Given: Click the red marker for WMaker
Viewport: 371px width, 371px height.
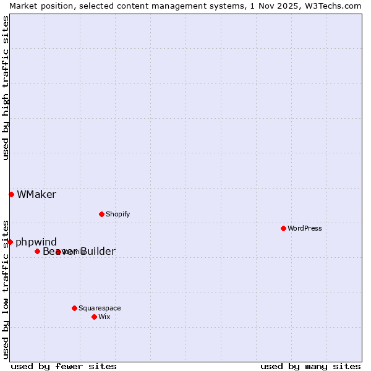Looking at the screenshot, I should coord(11,194).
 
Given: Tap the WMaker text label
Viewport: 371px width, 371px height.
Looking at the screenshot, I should coord(36,195).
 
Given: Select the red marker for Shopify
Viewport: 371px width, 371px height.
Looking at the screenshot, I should coord(101,214).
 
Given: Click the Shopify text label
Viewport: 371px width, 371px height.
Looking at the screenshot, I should coord(117,215).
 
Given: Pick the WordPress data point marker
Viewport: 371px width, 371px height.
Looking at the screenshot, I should coord(283,228).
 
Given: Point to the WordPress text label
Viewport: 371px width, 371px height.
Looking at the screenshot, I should coord(304,229).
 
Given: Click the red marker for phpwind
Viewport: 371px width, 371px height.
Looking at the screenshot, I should coord(10,242).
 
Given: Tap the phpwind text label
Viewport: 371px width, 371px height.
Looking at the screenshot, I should coord(36,242).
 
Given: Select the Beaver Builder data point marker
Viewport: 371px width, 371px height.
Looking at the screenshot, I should coord(37,251).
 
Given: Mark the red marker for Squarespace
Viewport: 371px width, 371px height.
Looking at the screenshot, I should coord(74,308).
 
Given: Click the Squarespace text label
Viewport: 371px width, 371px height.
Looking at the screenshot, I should coord(100,308).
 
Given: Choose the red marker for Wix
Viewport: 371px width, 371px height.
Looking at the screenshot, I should coord(94,317).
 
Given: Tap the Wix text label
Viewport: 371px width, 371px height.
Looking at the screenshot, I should coord(104,317).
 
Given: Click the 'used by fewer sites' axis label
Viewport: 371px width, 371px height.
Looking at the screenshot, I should coord(64,366).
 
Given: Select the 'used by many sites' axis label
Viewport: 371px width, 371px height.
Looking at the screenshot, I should coord(310,366).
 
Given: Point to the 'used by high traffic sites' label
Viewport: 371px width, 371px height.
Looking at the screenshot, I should coord(6,88).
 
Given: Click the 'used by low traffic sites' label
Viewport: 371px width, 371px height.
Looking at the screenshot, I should coord(6,289).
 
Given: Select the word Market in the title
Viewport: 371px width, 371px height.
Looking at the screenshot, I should coord(23,6).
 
